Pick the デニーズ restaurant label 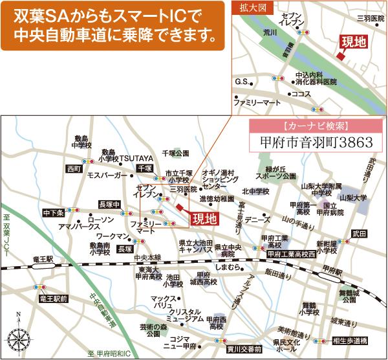pos(257,219)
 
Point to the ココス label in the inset pos(301,94)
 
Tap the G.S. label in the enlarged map pos(242,82)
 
